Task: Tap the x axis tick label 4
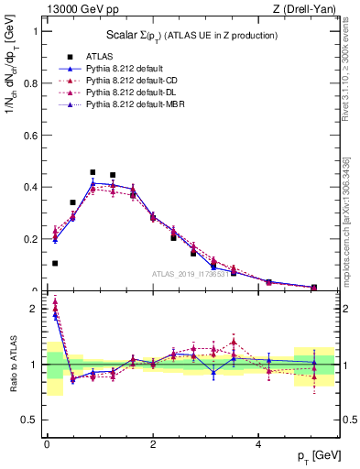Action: [259, 443]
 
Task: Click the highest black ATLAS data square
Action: [93, 172]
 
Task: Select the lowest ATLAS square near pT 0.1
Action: [55, 264]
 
